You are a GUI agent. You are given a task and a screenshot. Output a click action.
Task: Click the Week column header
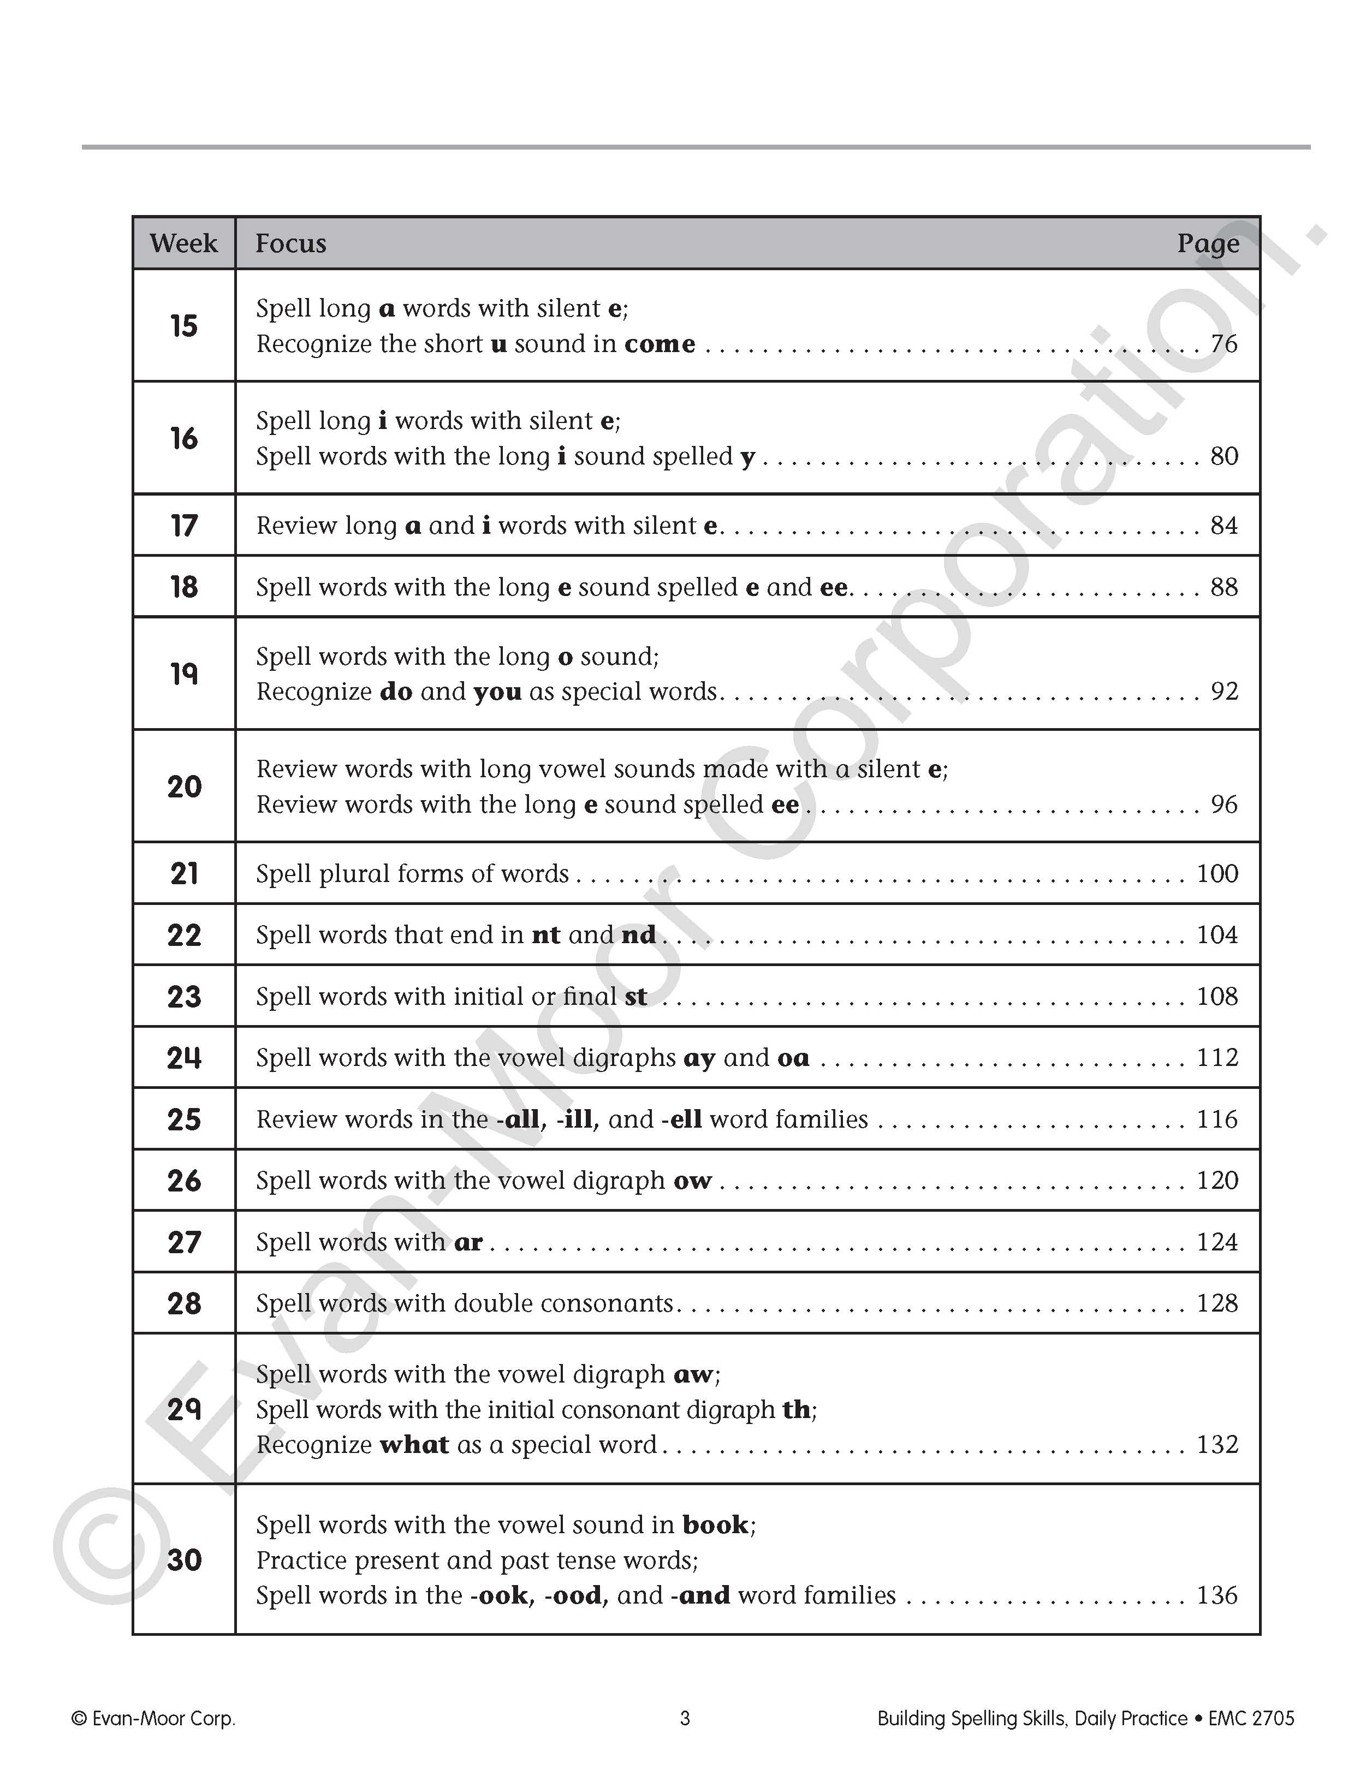183,243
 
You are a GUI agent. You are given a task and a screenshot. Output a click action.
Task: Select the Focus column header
290,243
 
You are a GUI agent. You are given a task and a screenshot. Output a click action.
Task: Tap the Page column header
1207,243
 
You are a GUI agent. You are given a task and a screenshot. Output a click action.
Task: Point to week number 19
183,674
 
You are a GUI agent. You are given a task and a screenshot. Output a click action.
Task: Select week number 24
183,1058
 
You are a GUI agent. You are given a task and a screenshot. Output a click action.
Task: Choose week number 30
183,1560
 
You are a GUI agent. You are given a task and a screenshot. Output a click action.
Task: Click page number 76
1223,344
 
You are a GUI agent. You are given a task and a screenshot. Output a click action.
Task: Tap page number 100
1217,873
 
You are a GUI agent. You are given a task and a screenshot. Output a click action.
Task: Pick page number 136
1217,1595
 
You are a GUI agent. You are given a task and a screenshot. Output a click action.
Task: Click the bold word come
660,344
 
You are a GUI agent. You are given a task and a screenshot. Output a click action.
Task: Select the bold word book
715,1525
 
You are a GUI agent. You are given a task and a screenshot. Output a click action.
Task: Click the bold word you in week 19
497,692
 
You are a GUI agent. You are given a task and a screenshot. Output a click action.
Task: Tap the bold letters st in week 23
636,997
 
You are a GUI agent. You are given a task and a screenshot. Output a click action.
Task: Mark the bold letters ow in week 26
692,1181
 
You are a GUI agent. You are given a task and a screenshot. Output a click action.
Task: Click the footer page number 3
685,1718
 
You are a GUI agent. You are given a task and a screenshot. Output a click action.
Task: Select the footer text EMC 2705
1251,1718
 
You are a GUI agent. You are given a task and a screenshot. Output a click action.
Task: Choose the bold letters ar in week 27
468,1242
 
